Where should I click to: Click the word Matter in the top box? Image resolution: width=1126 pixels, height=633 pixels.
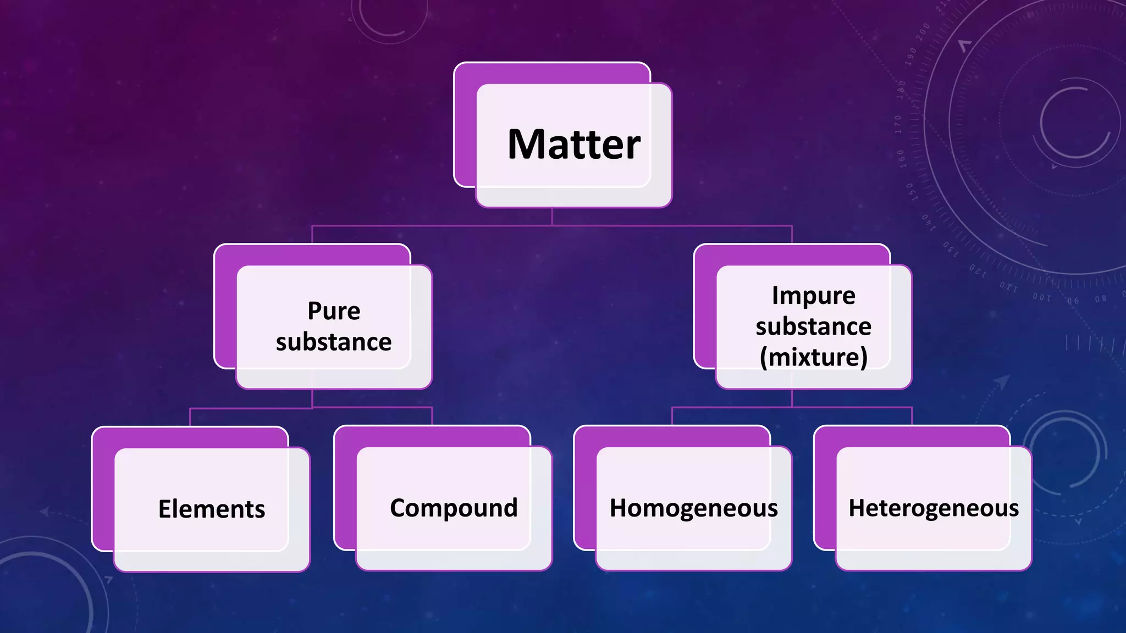click(x=573, y=145)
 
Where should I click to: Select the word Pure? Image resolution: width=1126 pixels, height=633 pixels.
click(x=334, y=311)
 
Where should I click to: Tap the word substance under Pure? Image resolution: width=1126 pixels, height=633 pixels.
click(x=334, y=342)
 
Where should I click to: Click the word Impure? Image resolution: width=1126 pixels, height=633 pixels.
click(x=813, y=296)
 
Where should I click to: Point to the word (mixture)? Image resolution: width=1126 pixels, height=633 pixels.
click(x=813, y=357)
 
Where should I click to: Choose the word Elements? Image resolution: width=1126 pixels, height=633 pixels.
click(x=212, y=509)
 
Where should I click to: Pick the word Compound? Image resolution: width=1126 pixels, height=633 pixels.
click(x=454, y=508)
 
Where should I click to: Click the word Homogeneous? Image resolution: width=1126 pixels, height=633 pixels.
click(x=693, y=508)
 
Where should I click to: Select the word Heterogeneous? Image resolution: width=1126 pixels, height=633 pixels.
click(x=934, y=508)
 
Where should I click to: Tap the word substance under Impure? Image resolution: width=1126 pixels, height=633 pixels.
click(x=813, y=326)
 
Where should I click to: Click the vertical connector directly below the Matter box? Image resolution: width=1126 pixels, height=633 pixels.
click(x=552, y=216)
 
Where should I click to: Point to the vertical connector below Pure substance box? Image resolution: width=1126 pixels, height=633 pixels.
click(x=312, y=398)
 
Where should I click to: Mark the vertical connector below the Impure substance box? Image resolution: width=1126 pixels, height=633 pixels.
click(x=792, y=398)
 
